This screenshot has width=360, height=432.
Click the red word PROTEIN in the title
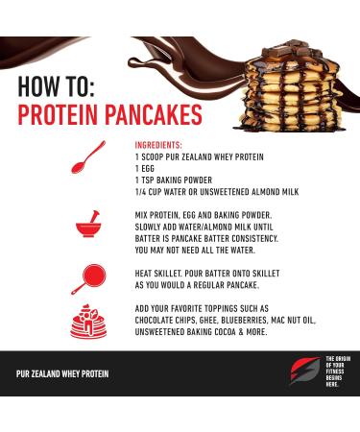point(63,115)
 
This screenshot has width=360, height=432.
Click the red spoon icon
point(88,157)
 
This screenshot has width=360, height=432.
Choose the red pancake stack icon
point(89,321)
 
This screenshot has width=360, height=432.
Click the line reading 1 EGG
point(148,168)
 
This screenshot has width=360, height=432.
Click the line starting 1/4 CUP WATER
point(217,192)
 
